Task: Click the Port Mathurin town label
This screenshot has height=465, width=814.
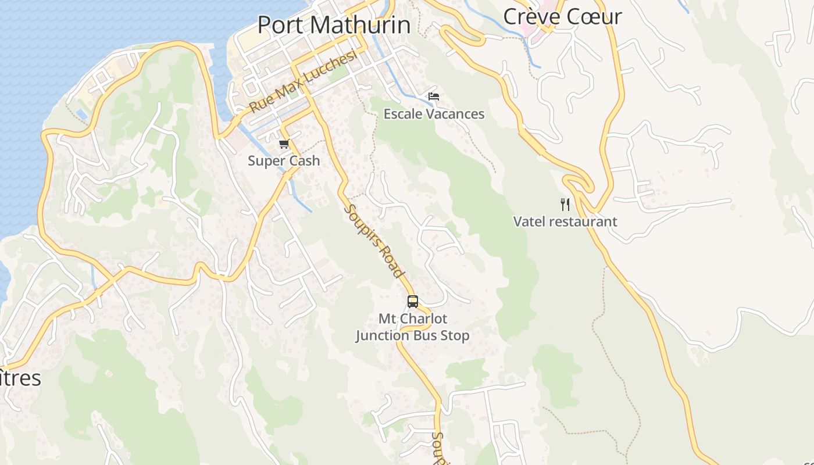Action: pos(334,25)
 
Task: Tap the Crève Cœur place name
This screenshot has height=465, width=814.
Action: pos(562,16)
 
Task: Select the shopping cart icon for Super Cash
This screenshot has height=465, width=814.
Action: pos(284,144)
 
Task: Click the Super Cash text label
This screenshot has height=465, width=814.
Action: pos(284,161)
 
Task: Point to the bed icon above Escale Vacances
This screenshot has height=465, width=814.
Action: pos(433,96)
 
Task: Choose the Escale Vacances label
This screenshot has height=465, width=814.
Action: pos(434,114)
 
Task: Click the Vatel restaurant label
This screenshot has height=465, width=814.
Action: pos(565,221)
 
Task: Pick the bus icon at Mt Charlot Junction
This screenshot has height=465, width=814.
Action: pos(413,301)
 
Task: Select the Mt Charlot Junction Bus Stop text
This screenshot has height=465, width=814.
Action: pos(413,327)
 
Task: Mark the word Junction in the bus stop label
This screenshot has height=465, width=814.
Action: pos(383,335)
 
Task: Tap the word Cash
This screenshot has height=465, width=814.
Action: pos(304,161)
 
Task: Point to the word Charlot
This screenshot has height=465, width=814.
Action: pos(424,319)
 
